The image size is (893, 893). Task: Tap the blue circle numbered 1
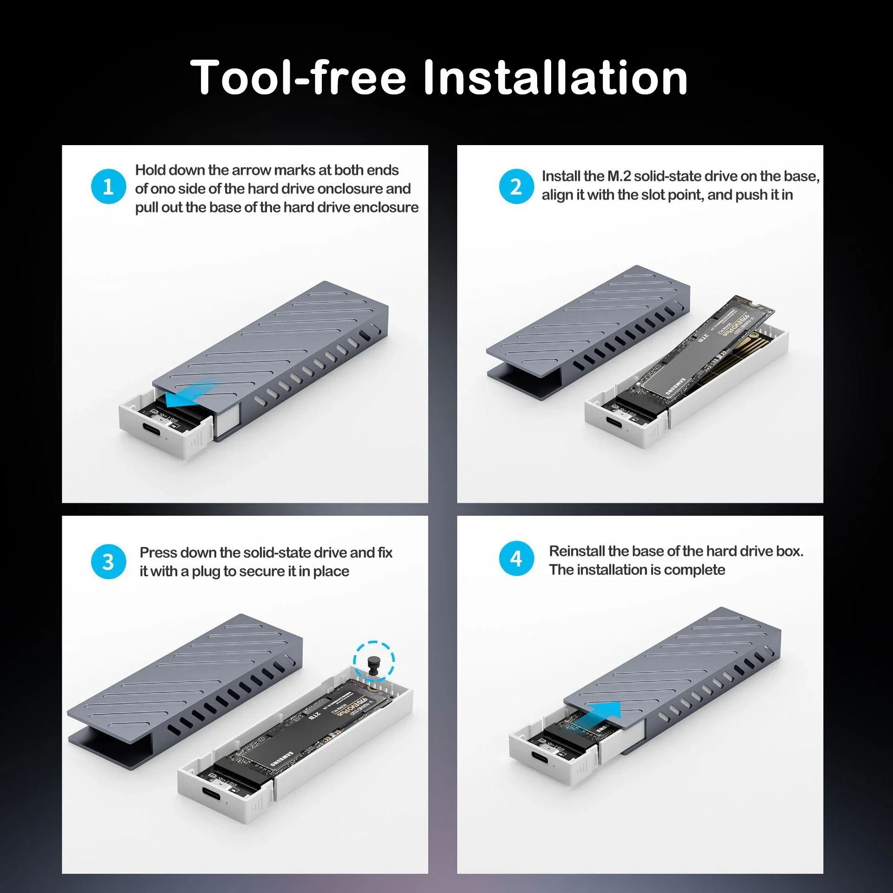pyautogui.click(x=108, y=187)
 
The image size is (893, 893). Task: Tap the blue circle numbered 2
pyautogui.click(x=516, y=187)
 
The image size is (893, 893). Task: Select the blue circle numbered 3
pyautogui.click(x=108, y=562)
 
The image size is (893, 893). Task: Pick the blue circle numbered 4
pyautogui.click(x=516, y=559)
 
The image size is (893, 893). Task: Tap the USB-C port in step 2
pyautogui.click(x=617, y=423)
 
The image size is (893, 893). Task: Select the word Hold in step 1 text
pyautogui.click(x=150, y=170)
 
